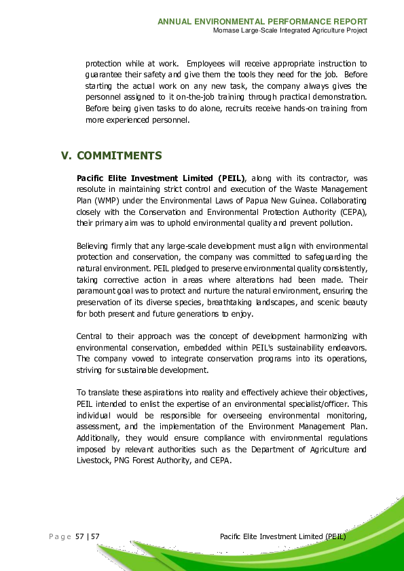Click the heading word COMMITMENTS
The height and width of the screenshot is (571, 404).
tap(120, 156)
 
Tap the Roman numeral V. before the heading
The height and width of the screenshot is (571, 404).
tap(67, 156)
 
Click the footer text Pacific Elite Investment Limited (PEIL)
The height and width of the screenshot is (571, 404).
tap(283, 536)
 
